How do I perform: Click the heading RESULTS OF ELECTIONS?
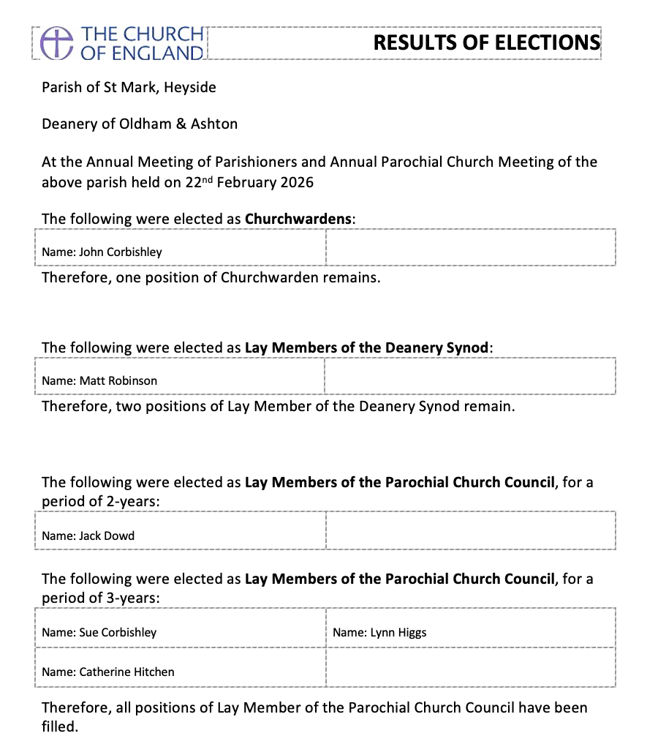(x=486, y=42)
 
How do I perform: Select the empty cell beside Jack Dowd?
(x=470, y=531)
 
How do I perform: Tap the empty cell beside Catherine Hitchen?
(x=470, y=667)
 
